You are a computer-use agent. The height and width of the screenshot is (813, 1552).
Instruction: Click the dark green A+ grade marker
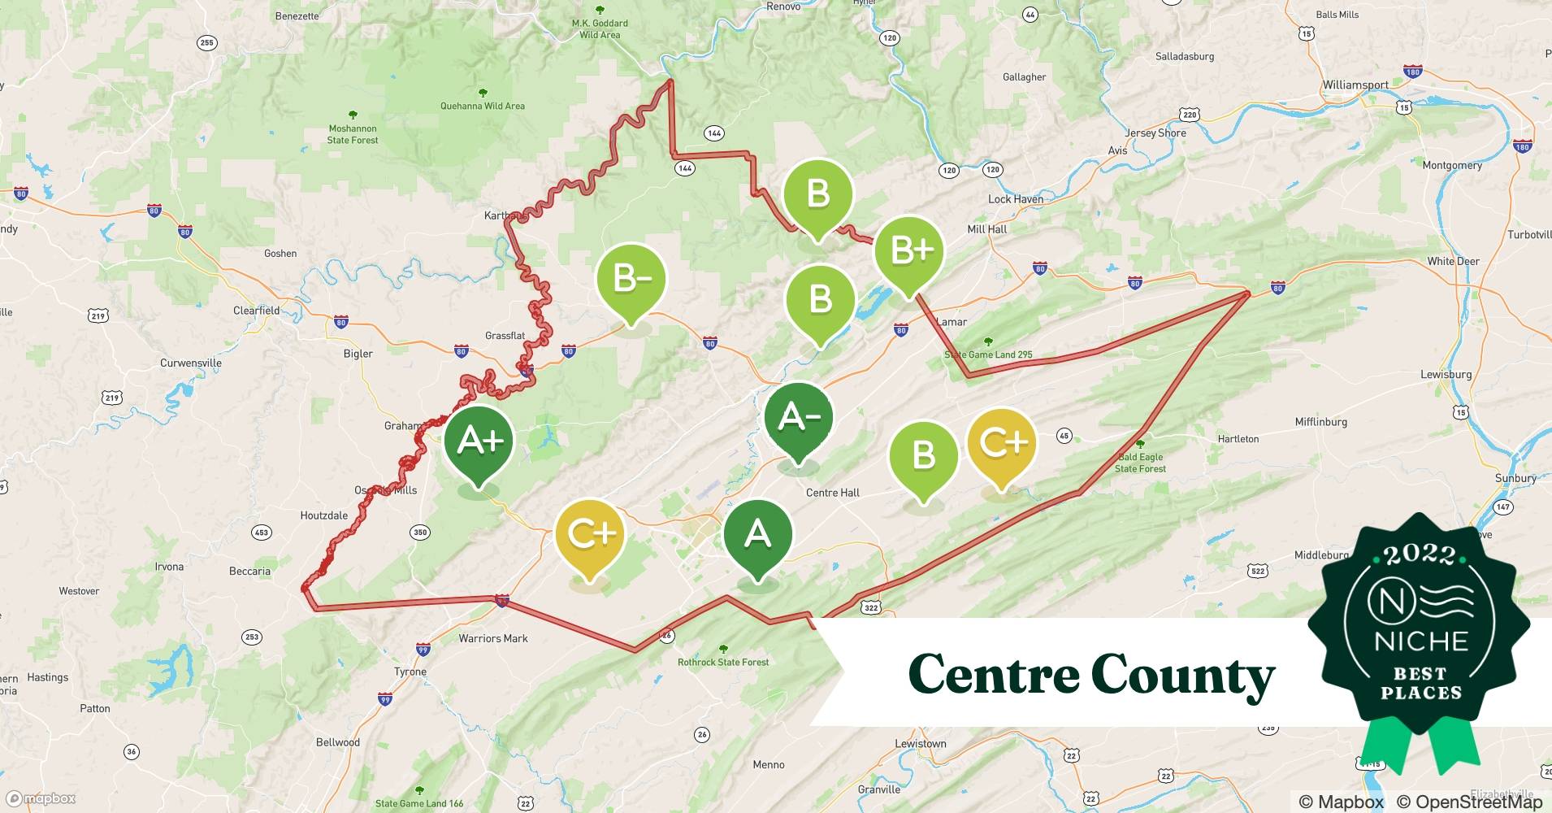479,441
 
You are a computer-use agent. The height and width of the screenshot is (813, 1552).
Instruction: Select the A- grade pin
799,417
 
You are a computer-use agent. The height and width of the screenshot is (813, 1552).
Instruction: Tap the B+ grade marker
909,250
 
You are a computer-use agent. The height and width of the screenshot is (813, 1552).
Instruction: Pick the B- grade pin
631,279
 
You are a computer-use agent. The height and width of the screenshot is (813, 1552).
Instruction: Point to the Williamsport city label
1355,85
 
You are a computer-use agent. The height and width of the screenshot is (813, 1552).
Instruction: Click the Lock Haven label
1015,199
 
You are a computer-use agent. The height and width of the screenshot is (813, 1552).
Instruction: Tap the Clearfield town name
256,311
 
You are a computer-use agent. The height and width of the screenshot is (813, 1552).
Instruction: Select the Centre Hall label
832,493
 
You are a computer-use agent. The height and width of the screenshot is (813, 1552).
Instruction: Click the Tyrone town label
410,672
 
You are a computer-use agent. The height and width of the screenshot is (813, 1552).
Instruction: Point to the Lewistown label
920,744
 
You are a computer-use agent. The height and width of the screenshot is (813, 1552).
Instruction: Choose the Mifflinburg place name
1320,422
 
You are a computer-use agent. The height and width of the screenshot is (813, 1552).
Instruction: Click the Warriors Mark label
493,638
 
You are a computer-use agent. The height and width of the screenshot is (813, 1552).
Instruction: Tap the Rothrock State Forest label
723,662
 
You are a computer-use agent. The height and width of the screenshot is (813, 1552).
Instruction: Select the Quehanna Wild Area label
483,106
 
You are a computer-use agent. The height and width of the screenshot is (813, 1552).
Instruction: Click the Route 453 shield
261,533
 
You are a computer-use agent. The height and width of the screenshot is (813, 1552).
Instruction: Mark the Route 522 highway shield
1257,571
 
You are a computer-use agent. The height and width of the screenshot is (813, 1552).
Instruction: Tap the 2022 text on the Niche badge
1420,555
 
